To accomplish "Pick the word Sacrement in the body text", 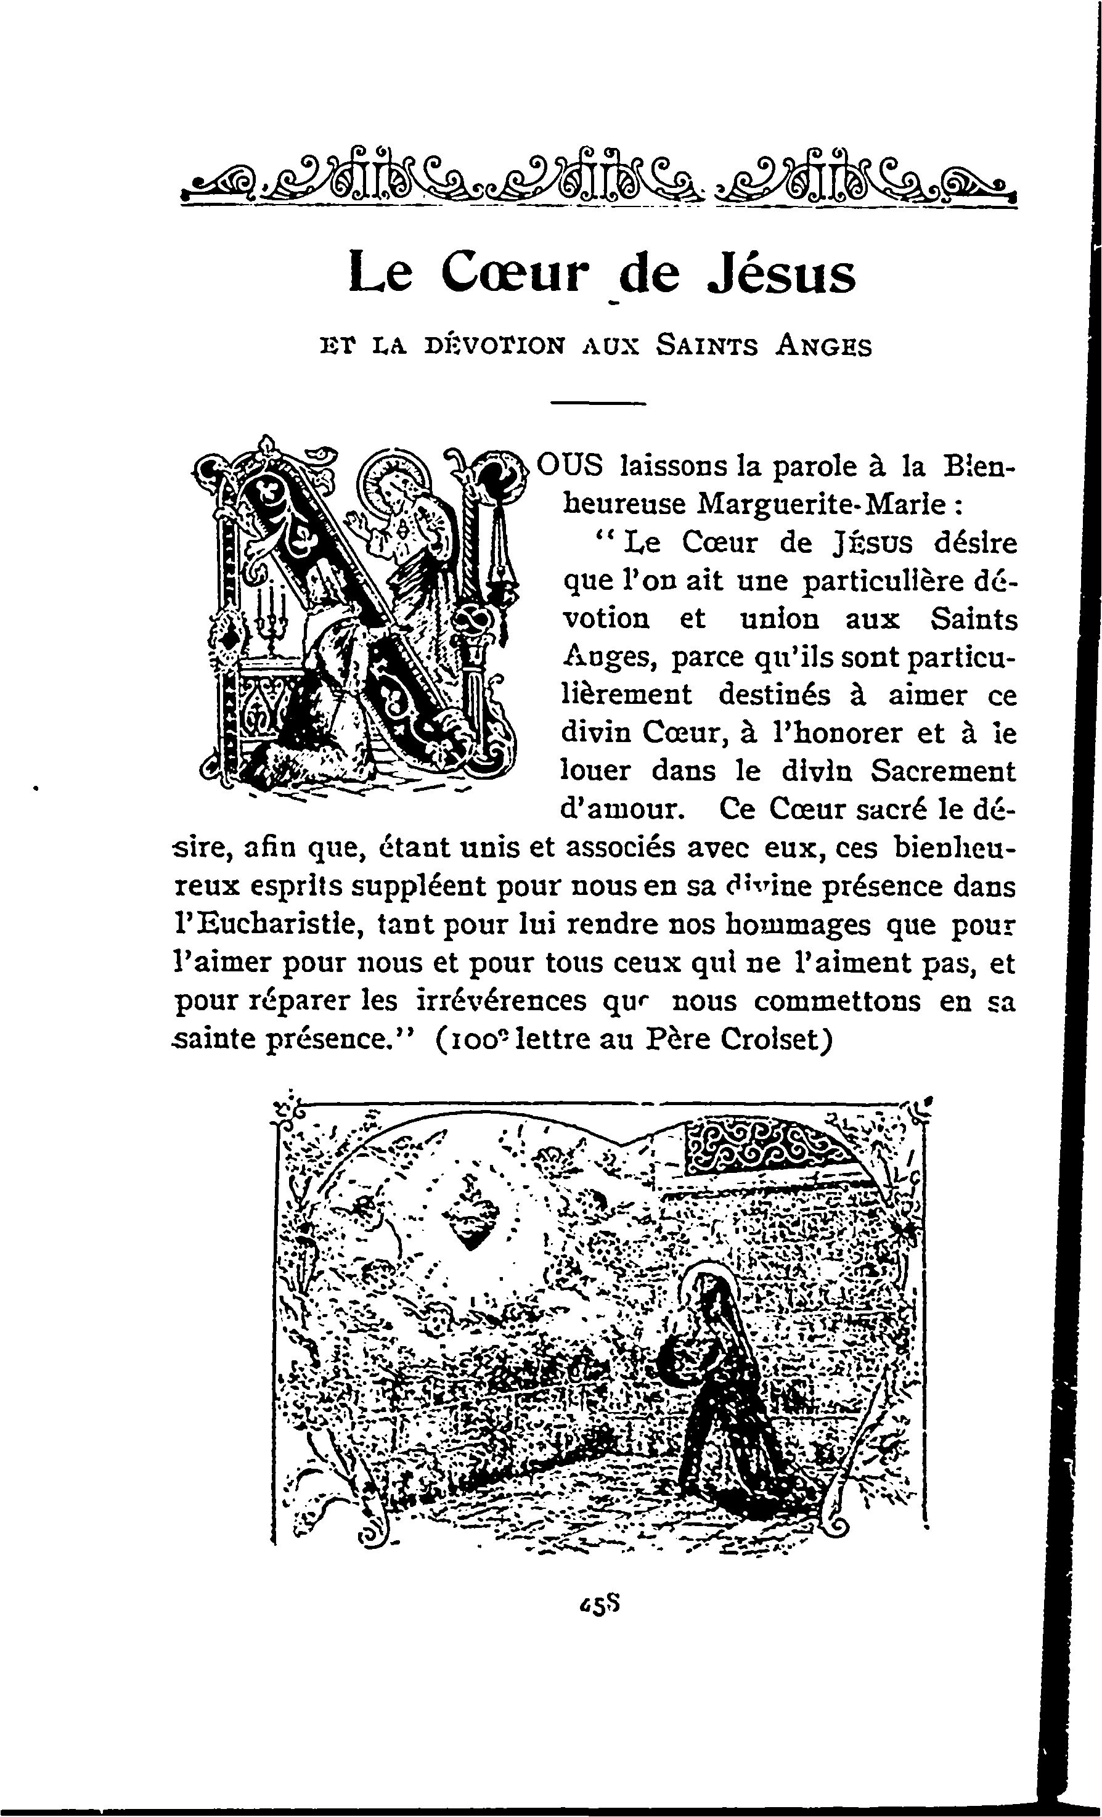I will point(942,770).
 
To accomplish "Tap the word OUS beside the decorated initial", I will point(570,466).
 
